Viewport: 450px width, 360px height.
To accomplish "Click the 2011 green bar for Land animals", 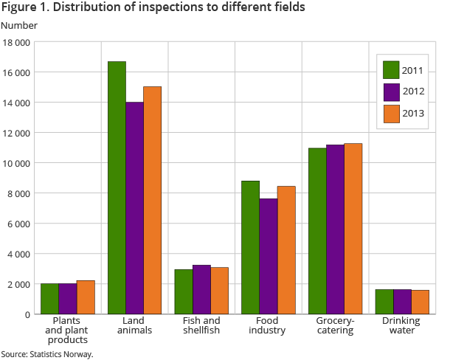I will coord(117,187).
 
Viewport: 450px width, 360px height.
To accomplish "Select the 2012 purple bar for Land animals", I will coord(134,208).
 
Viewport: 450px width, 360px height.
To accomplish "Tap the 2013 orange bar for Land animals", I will coord(152,200).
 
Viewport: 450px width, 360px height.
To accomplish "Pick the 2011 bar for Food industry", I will coord(250,247).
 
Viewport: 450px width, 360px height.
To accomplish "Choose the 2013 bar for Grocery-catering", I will coord(353,229).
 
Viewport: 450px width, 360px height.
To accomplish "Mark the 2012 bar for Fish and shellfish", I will coord(201,289).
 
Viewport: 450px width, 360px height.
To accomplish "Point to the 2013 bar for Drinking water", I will coord(420,302).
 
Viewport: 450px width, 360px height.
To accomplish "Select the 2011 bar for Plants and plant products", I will coord(49,298).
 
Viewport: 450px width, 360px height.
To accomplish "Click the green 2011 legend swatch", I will coord(391,70).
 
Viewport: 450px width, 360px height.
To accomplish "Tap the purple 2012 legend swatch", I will coord(391,92).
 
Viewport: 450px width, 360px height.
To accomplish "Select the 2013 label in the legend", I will coord(413,114).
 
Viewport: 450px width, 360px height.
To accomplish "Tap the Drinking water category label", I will coord(402,325).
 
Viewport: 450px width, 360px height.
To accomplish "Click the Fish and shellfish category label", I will coord(201,325).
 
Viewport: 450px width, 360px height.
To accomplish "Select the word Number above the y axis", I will coord(19,26).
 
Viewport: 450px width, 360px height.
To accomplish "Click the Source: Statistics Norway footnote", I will coord(47,354).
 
